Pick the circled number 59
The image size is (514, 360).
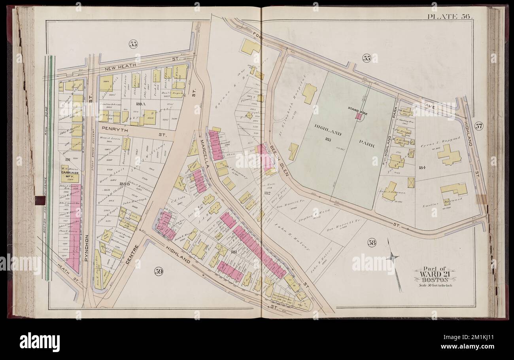coord(159,272)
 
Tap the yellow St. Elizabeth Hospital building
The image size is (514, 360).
coord(309,93)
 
